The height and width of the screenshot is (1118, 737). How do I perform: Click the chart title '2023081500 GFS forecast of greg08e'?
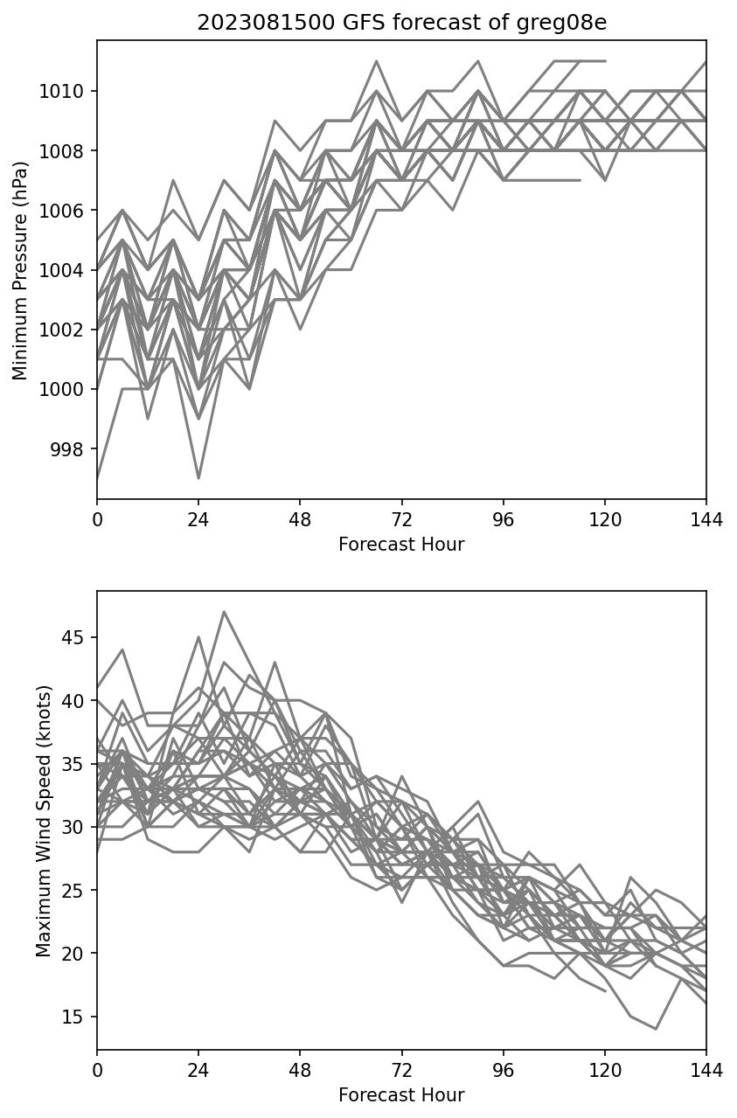point(401,23)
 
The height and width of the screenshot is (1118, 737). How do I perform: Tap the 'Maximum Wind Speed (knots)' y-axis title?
point(44,821)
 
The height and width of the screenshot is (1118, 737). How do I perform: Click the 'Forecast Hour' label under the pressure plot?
point(401,545)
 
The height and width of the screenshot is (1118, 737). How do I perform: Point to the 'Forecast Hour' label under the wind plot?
point(401,1095)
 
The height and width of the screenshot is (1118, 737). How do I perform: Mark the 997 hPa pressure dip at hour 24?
point(198,478)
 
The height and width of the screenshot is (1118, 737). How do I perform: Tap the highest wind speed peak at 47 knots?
point(224,612)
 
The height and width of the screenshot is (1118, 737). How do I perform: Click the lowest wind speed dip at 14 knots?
point(656,1029)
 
